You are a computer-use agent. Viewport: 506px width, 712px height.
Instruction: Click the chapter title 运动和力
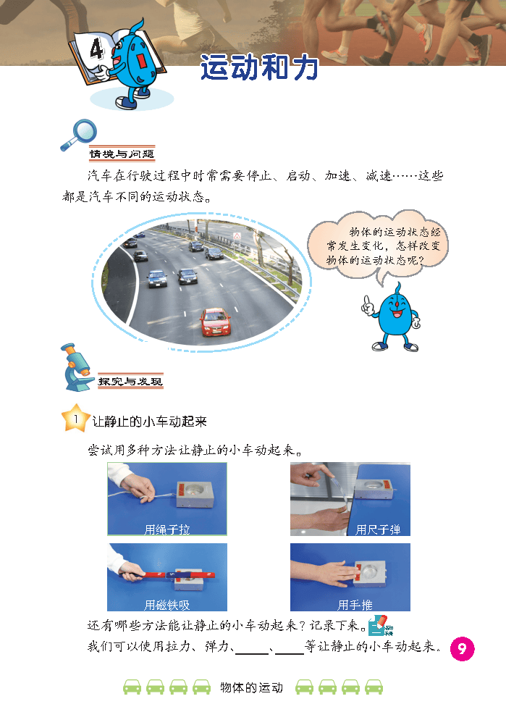click(x=259, y=68)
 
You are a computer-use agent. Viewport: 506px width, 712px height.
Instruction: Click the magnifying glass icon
click(x=79, y=135)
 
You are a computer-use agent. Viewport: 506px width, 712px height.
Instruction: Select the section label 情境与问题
click(x=122, y=154)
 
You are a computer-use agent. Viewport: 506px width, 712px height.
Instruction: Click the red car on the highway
click(x=216, y=322)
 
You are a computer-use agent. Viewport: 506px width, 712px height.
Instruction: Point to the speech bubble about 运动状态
click(x=378, y=246)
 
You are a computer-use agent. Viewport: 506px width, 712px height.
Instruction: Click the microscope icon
click(x=77, y=367)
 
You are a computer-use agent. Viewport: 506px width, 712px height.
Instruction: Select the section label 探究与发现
click(x=130, y=382)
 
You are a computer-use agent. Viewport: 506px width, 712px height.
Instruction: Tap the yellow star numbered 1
click(x=75, y=418)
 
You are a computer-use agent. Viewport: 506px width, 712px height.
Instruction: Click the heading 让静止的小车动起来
click(x=149, y=422)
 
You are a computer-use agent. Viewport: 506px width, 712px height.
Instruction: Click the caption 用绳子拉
click(x=167, y=529)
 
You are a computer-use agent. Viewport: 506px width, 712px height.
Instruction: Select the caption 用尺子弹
click(x=378, y=529)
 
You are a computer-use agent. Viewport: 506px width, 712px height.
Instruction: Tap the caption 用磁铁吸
click(x=167, y=605)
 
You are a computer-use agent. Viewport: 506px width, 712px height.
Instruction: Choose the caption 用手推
click(x=355, y=605)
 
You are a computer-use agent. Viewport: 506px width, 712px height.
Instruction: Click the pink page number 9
click(x=462, y=649)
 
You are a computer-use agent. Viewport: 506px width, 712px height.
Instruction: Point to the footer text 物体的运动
click(x=251, y=687)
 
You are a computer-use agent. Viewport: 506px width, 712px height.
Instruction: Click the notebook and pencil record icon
click(x=380, y=626)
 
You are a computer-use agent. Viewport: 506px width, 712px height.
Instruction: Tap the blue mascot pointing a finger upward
click(x=393, y=318)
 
